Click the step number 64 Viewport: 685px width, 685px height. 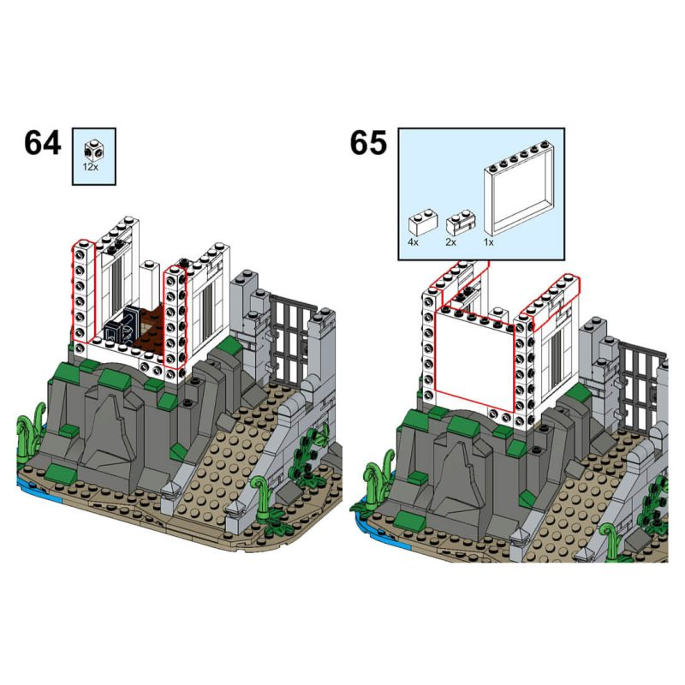[43, 142]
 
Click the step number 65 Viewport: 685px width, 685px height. [368, 142]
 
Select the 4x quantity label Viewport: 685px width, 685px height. [414, 243]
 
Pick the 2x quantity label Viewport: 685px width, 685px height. [451, 243]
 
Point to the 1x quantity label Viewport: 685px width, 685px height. [490, 243]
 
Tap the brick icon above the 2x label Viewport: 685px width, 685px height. [459, 224]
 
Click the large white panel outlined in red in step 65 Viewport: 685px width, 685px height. [476, 360]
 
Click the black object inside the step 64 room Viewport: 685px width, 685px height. [120, 326]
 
